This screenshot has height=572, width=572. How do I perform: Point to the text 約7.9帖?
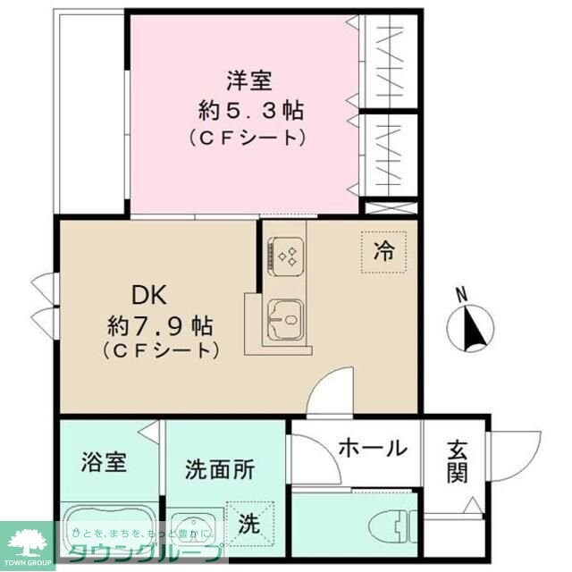pos(161,322)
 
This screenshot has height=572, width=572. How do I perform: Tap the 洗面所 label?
pos(219,468)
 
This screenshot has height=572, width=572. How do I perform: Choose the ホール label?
pos(373,448)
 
